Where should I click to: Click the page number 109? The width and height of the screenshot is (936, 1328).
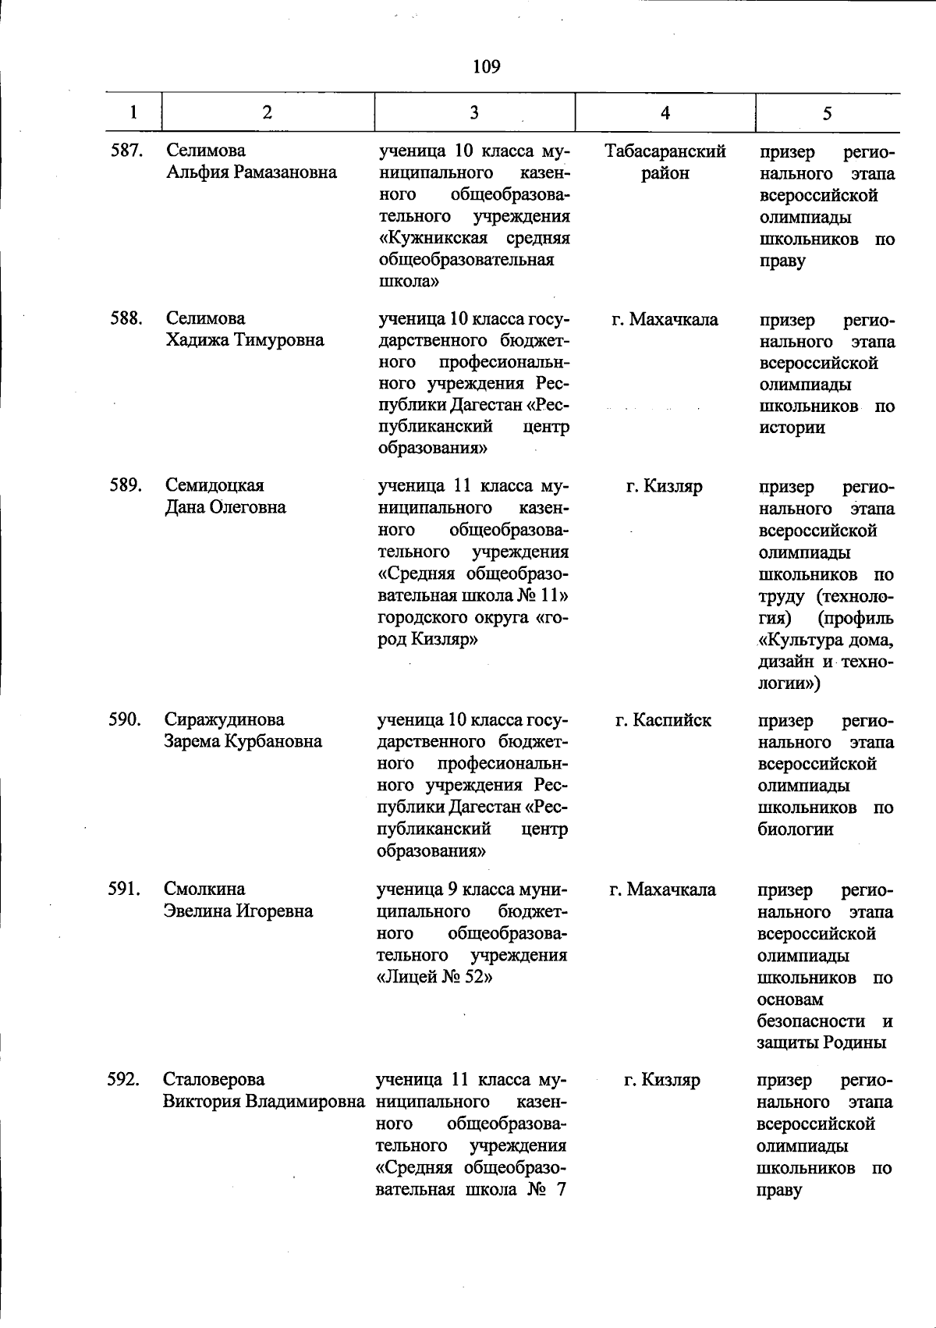pos(486,67)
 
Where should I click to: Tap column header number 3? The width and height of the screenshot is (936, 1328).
pos(474,113)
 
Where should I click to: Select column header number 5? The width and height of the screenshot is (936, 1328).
pos(827,113)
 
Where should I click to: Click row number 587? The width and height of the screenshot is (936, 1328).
pos(126,151)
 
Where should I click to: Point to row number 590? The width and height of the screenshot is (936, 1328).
pos(125,719)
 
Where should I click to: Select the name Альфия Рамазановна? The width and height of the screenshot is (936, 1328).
pos(251,172)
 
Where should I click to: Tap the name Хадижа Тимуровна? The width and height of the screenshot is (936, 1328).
pos(244,340)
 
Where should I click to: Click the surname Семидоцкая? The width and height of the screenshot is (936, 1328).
pos(214,485)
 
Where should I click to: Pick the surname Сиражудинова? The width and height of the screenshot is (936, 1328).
pos(224,719)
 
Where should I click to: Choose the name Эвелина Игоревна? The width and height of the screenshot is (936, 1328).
pos(238,911)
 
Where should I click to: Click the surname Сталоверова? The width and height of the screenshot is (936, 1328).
pos(214,1080)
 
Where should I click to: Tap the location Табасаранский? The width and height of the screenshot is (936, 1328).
pos(665,151)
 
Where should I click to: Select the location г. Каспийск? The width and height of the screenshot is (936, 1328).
pos(663,720)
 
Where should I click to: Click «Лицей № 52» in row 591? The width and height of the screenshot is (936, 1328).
pos(434,977)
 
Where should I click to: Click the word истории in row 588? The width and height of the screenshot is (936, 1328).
pos(792,428)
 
